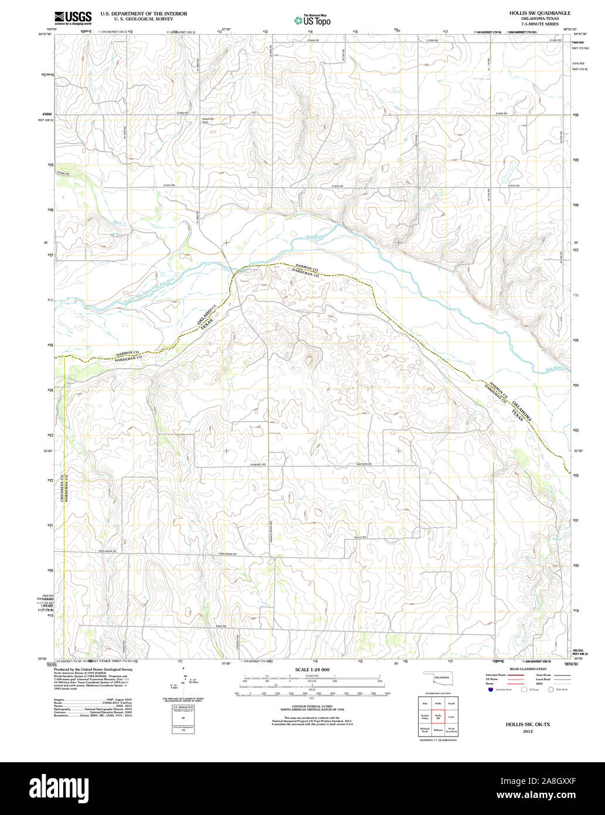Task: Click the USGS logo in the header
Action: point(73,19)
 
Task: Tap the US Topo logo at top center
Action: point(312,21)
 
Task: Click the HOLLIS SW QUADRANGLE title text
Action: point(531,12)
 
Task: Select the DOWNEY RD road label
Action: point(257,465)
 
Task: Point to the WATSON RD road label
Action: point(364,464)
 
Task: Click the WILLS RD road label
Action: point(361,537)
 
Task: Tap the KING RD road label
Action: point(220,626)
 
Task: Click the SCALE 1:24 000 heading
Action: point(312,670)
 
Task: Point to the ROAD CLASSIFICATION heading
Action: point(528,669)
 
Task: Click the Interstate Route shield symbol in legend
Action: point(490,690)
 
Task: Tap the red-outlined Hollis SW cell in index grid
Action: point(438,716)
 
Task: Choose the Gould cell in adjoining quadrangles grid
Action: point(451,702)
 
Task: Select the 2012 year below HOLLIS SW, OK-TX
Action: point(528,732)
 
